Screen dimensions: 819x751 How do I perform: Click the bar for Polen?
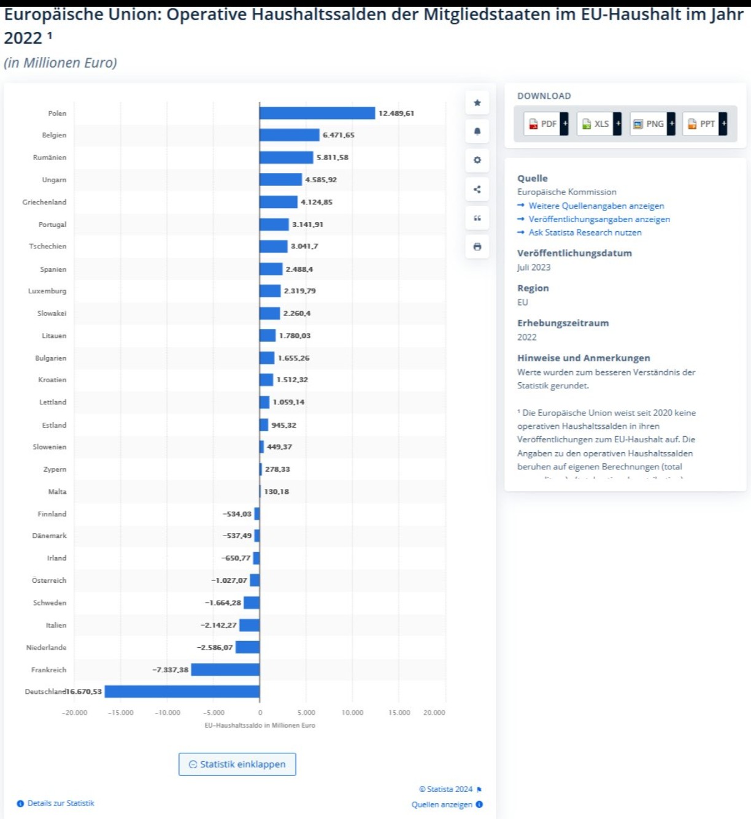click(x=317, y=113)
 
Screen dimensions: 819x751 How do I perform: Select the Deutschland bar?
click(x=182, y=692)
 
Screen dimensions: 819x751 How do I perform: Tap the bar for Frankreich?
click(x=225, y=670)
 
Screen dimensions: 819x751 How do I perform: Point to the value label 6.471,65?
click(x=339, y=136)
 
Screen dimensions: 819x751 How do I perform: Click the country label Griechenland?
click(x=44, y=202)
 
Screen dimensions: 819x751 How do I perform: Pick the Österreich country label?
click(x=49, y=580)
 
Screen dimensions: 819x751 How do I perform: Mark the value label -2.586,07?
click(x=215, y=648)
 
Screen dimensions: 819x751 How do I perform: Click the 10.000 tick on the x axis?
click(x=352, y=713)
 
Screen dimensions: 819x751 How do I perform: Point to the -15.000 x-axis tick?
click(x=120, y=713)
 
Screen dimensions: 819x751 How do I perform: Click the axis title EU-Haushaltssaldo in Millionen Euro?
click(x=260, y=726)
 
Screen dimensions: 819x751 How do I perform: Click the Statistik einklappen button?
click(x=237, y=764)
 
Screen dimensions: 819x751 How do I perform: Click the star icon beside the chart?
click(x=477, y=103)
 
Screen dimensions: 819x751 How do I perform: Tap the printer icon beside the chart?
click(x=477, y=247)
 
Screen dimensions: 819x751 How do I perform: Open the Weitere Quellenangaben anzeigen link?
click(x=596, y=206)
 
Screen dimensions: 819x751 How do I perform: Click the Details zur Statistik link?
click(x=60, y=804)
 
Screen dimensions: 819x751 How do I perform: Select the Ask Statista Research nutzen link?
click(x=585, y=233)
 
